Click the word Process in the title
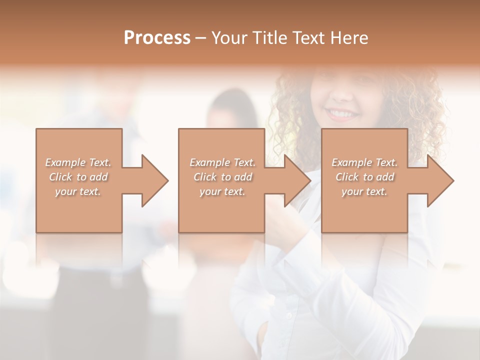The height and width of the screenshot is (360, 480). coord(157,37)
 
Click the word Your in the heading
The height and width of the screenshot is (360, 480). coord(230,37)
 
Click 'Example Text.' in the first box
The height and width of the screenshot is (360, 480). coord(78,162)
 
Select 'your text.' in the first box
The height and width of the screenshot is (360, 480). coord(78,191)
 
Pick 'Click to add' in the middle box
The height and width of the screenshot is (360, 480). coord(222,177)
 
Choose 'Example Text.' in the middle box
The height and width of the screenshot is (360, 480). coord(222,162)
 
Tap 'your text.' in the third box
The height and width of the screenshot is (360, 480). coord(364,191)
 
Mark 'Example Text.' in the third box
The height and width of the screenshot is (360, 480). coord(364,162)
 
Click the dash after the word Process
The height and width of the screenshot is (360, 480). coord(201,38)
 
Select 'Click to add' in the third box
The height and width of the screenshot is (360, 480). coord(364,177)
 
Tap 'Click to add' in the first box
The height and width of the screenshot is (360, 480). coord(78,177)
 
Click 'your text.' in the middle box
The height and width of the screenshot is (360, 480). coord(222,191)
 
